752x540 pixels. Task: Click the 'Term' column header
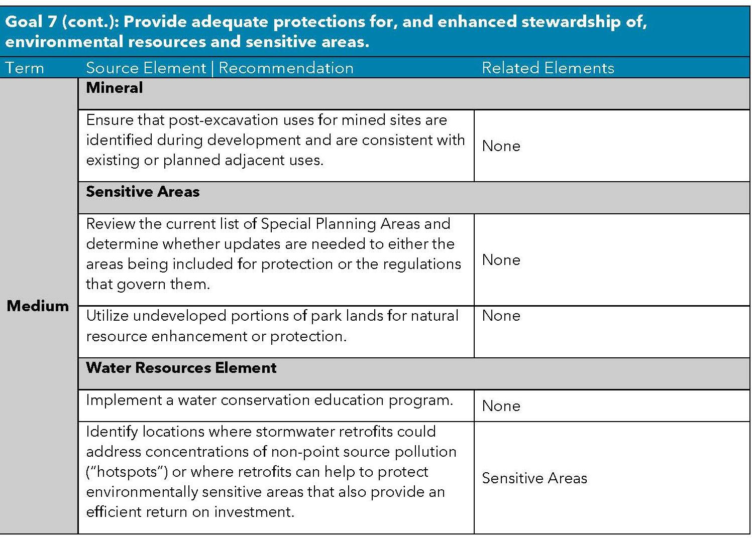click(x=25, y=68)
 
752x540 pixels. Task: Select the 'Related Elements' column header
click(x=548, y=68)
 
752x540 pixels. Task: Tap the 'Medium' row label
click(x=38, y=306)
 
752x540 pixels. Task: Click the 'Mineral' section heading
click(x=115, y=88)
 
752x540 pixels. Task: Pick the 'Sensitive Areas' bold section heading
click(x=143, y=192)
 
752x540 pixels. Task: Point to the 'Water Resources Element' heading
click(x=181, y=368)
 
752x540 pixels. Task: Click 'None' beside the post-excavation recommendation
click(x=501, y=146)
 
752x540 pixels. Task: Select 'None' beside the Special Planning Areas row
click(x=501, y=260)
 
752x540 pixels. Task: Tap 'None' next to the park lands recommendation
click(x=501, y=316)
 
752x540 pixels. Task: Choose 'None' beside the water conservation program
click(x=501, y=406)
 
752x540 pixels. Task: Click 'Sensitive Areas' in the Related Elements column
click(x=534, y=478)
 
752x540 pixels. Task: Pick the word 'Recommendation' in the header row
click(x=286, y=68)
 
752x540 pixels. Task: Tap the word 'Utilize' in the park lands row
click(x=107, y=316)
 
